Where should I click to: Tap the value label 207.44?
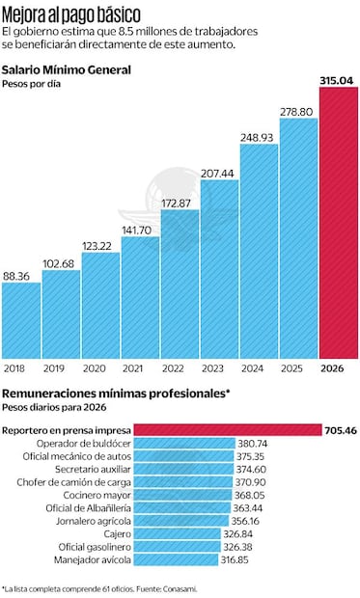219,173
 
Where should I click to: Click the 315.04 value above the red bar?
339,80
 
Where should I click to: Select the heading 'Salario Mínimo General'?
67,70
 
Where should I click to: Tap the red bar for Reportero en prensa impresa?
227,429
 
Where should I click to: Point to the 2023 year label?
219,367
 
